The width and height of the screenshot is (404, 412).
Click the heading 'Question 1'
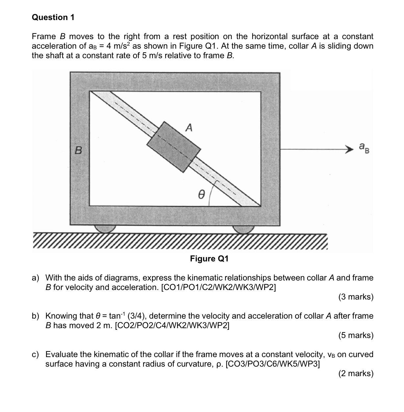[x=53, y=17]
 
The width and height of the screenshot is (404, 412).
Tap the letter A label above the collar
[x=189, y=127]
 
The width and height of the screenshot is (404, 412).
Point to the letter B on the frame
[x=78, y=150]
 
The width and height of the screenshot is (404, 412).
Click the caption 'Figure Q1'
[x=209, y=259]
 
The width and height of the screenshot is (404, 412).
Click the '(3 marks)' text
[x=356, y=297]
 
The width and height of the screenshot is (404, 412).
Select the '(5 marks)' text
[x=356, y=335]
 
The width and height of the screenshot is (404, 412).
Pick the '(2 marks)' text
[x=356, y=373]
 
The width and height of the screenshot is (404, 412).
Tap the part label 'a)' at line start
[x=36, y=278]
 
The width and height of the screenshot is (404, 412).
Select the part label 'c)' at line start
[x=36, y=354]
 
